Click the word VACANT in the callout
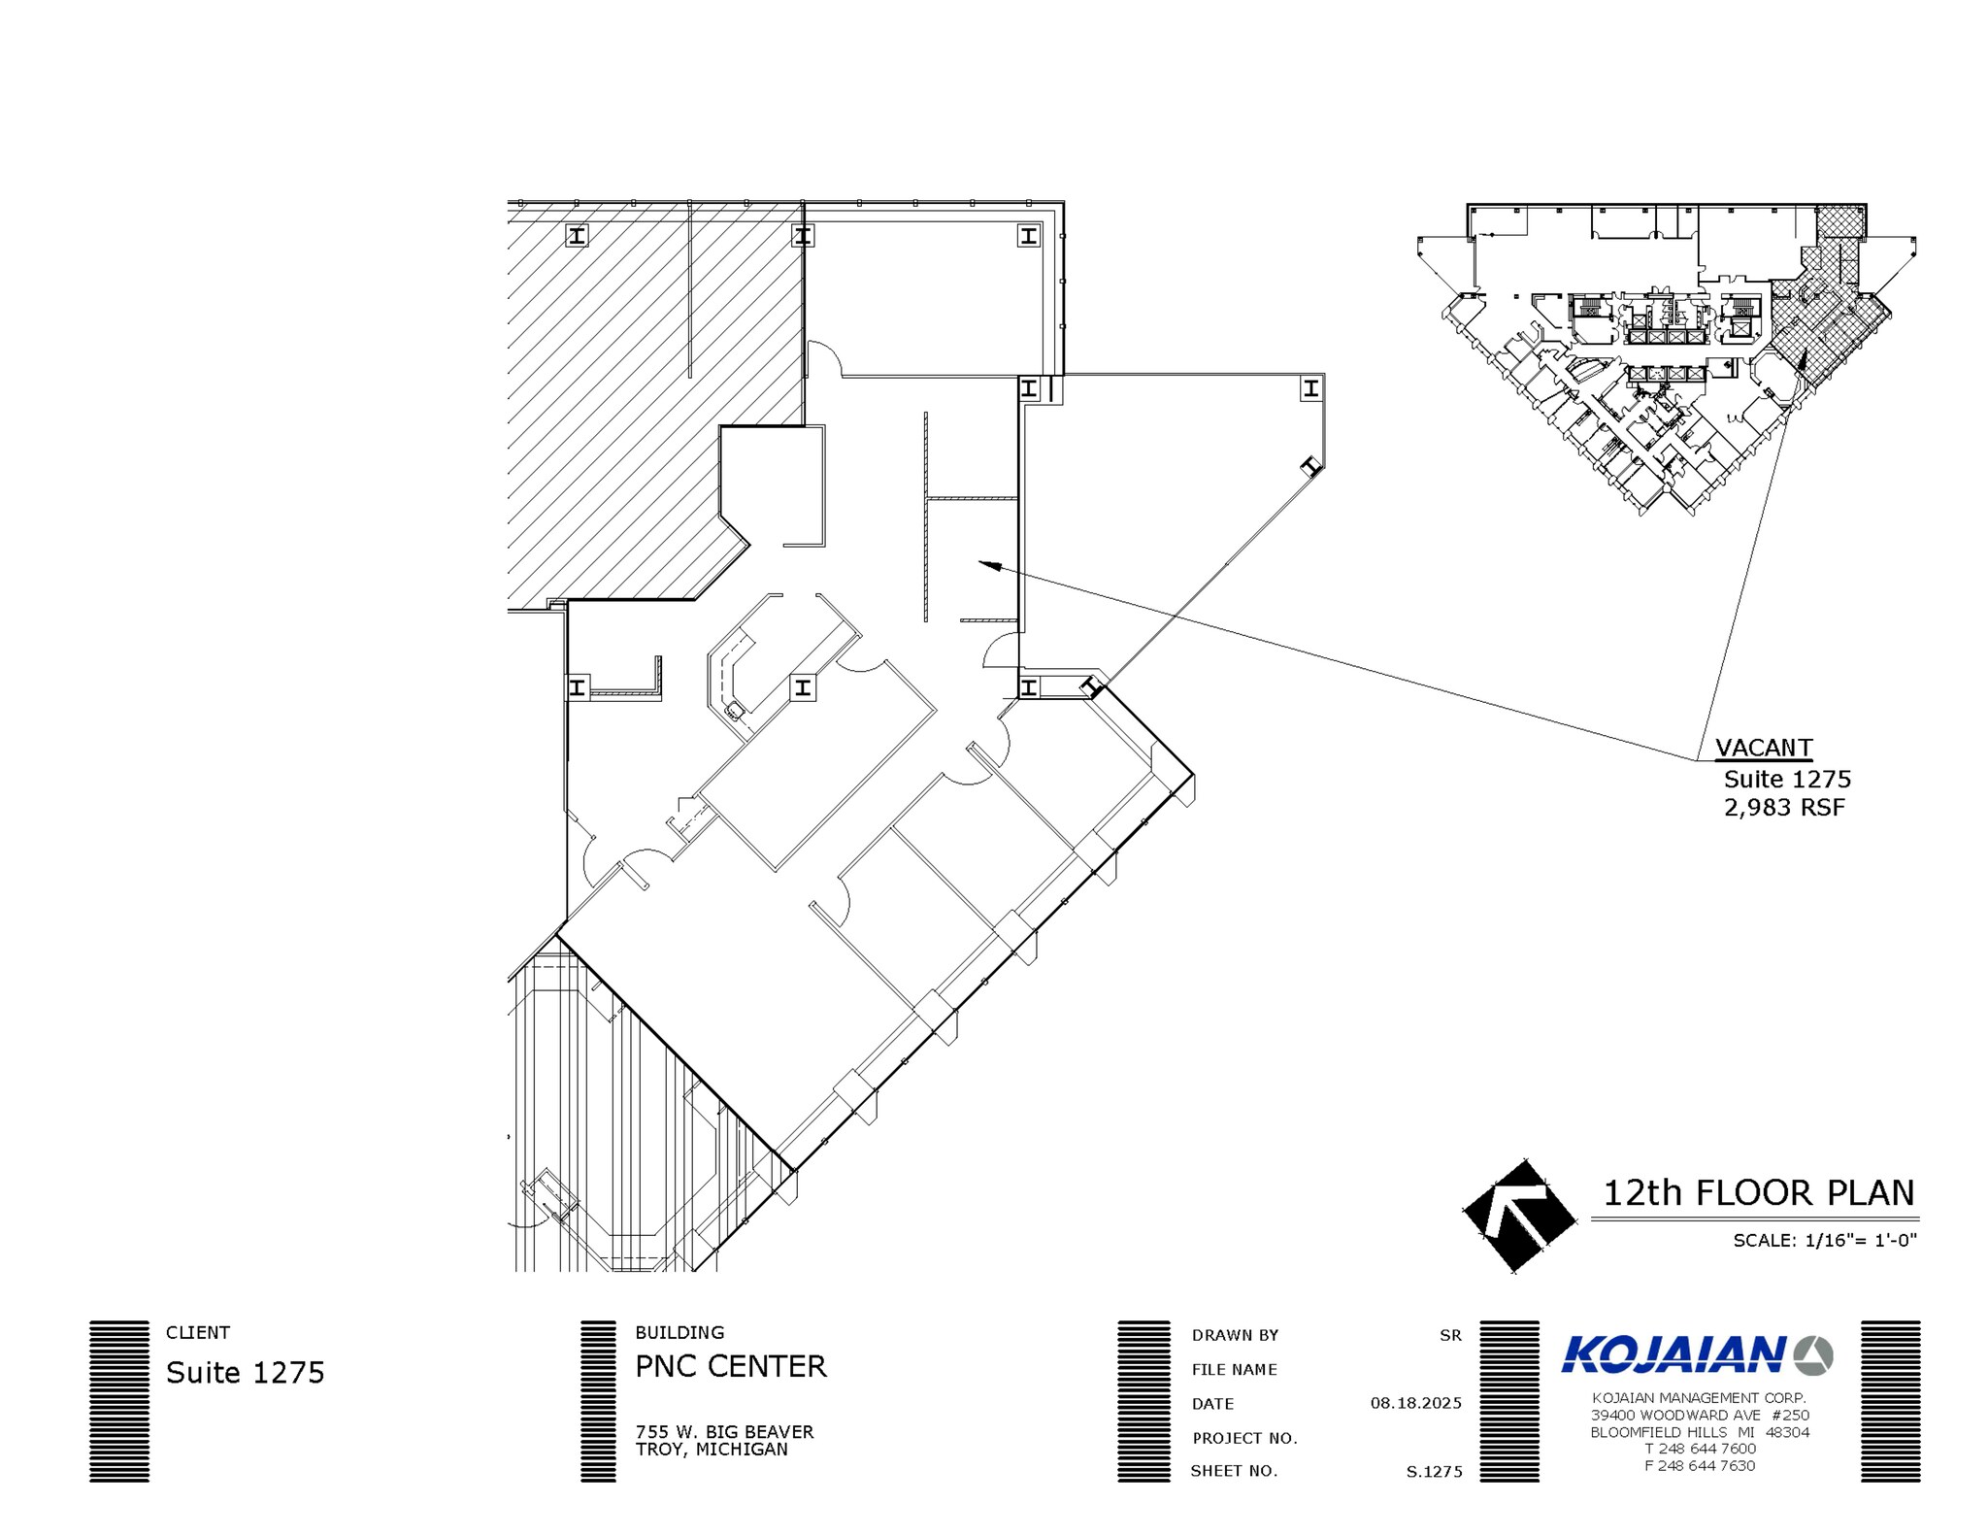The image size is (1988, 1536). [x=1763, y=748]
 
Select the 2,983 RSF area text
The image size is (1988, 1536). [x=1784, y=808]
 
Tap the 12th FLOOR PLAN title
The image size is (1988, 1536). [x=1758, y=1193]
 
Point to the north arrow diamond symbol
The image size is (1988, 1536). [x=1519, y=1215]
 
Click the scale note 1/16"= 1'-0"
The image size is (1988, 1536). [x=1825, y=1240]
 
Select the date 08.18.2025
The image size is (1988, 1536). [x=1415, y=1403]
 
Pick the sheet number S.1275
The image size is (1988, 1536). [x=1434, y=1472]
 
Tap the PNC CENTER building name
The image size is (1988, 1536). [x=730, y=1367]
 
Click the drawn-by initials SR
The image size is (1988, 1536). [x=1450, y=1335]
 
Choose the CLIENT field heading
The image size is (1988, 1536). [x=198, y=1333]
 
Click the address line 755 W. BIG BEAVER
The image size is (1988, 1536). [x=724, y=1432]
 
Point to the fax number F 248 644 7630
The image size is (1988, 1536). [x=1699, y=1466]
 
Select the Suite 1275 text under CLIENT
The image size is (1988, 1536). [x=245, y=1373]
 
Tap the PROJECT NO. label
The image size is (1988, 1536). [x=1244, y=1438]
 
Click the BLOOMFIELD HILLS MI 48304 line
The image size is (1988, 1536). [x=1699, y=1432]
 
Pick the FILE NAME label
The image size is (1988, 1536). [x=1234, y=1370]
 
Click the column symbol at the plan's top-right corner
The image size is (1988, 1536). [x=1028, y=235]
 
